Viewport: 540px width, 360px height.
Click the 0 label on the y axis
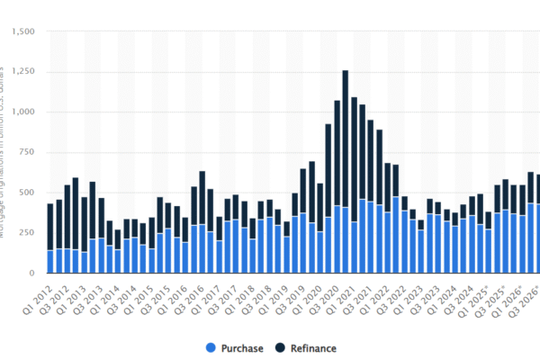[31, 273]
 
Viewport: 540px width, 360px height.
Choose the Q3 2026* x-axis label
[524, 295]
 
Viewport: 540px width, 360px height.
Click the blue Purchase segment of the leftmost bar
[50, 261]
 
